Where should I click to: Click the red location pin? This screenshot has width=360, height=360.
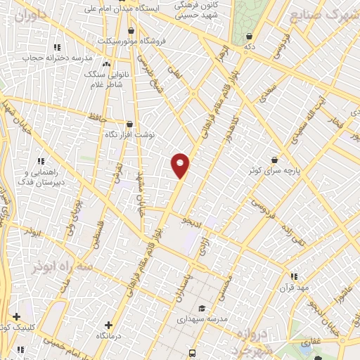coord(180,165)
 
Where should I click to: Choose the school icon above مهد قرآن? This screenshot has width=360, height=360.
coord(294,276)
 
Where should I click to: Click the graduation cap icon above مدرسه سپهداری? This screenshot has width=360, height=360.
coord(202,308)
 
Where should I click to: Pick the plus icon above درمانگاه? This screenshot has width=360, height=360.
coord(108,325)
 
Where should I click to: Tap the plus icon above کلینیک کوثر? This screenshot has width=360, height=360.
coord(15,317)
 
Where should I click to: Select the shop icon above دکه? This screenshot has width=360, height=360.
coord(249,36)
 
